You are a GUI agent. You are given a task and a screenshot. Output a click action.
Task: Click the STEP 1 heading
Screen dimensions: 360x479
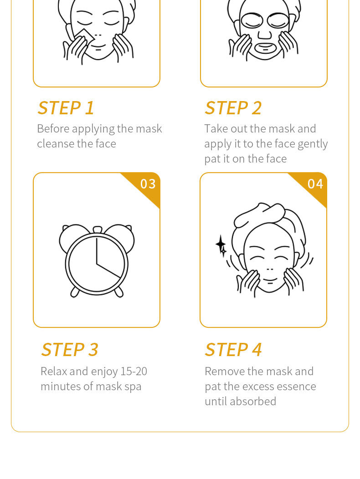[x=66, y=108]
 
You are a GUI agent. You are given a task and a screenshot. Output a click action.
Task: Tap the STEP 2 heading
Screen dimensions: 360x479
[x=233, y=108]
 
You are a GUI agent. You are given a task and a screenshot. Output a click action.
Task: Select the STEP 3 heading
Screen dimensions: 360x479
[x=70, y=350]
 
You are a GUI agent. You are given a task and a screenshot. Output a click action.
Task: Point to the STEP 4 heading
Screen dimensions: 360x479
[x=233, y=350]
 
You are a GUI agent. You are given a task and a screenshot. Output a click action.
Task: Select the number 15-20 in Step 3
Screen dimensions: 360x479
[x=134, y=371]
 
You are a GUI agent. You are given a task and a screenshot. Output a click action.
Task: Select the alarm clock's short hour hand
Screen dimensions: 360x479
[x=108, y=270]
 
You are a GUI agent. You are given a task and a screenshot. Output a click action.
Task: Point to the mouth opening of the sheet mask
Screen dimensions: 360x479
[x=265, y=47]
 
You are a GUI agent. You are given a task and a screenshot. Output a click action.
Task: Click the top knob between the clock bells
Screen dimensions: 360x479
[x=97, y=229]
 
